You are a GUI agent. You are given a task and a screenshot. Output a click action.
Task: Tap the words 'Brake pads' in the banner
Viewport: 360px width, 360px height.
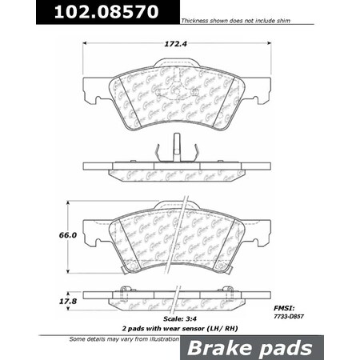click(x=269, y=346)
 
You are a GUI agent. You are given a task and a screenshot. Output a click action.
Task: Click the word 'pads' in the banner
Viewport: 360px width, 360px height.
click(x=300, y=346)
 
